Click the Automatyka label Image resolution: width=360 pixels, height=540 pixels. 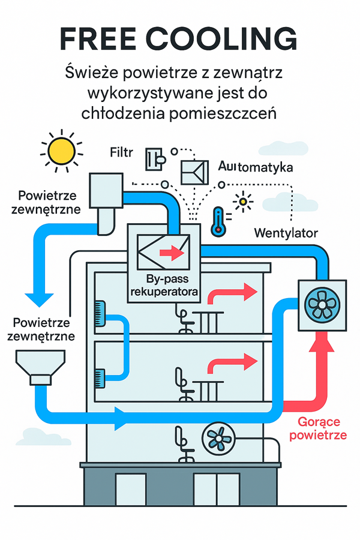click(256, 167)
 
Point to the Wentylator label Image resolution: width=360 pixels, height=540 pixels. click(286, 232)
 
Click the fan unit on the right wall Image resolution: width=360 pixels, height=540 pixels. click(323, 304)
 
